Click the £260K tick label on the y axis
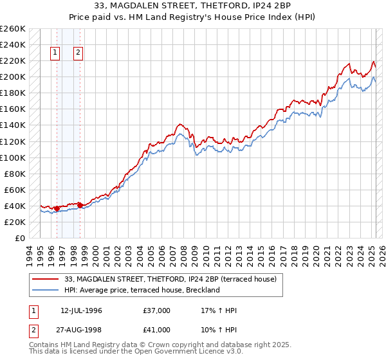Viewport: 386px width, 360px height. (13, 29)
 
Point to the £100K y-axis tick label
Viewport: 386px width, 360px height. (13, 157)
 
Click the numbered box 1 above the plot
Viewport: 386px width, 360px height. (55, 53)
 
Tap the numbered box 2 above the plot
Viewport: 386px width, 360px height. (78, 53)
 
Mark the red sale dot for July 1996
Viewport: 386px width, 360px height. (57, 208)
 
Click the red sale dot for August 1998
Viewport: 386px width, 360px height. (80, 205)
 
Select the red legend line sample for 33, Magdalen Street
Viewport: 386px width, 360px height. (46, 279)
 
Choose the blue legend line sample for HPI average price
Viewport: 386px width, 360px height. (46, 290)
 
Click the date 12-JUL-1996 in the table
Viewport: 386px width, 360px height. (81, 310)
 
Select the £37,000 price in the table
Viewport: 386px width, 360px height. (157, 310)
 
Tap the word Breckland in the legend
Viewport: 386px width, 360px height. (205, 290)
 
